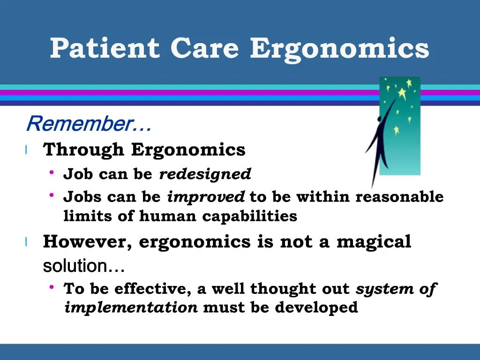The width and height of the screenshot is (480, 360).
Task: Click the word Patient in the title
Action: [105, 48]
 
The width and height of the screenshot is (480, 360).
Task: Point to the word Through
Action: [84, 150]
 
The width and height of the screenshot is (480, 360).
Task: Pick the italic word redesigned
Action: [205, 174]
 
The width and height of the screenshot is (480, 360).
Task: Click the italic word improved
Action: [206, 197]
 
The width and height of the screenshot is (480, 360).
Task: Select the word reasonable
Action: [399, 197]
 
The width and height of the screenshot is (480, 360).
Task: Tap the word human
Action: [168, 217]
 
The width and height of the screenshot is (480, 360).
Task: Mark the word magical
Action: [374, 242]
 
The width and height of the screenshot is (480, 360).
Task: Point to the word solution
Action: [75, 266]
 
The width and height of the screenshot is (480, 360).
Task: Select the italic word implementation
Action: [131, 308]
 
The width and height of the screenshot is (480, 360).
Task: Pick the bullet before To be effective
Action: [52, 287]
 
